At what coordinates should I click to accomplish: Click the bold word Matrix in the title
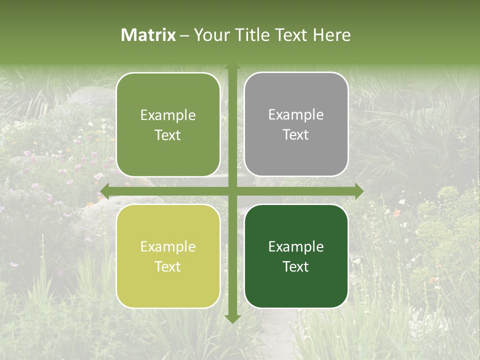pos(148,35)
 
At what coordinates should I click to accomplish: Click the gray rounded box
pos(296,124)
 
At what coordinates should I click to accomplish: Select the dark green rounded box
pos(296,256)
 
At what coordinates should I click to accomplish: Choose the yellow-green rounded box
pos(168,256)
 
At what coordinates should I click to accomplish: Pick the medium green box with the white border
pos(168,124)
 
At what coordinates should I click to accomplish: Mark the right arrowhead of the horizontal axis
pos(358,191)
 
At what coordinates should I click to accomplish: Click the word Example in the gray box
pos(296,115)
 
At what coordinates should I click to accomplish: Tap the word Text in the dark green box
pos(296,266)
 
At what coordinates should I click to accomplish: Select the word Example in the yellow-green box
pos(168,247)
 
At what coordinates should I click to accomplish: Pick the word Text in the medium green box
pos(168,135)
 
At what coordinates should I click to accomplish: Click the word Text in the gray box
pos(296,135)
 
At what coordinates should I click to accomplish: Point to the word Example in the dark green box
pos(296,247)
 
